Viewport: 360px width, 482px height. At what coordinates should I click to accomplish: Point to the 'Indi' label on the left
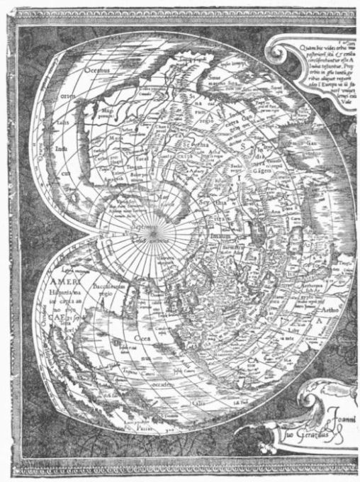tap(62, 150)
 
